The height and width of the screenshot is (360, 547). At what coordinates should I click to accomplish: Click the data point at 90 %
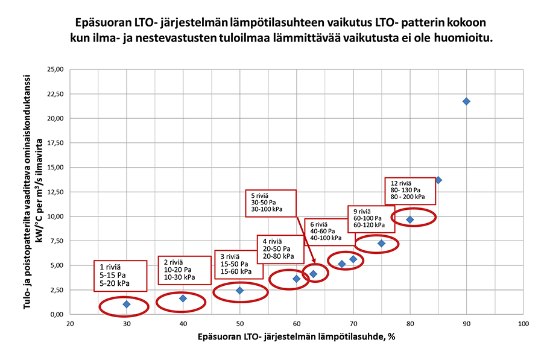click(466, 101)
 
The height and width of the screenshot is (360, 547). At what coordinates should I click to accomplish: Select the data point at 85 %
click(438, 180)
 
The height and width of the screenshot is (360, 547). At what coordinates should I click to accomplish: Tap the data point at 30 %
click(127, 305)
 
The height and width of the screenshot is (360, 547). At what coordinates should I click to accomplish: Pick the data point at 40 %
click(183, 298)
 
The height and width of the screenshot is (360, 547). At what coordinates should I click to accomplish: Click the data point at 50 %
click(239, 291)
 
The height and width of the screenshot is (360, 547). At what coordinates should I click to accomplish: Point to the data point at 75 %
click(381, 244)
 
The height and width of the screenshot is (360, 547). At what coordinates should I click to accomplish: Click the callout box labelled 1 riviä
click(121, 275)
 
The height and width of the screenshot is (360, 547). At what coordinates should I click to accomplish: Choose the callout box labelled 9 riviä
click(373, 218)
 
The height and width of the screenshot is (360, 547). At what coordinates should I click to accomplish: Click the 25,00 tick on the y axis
click(55, 69)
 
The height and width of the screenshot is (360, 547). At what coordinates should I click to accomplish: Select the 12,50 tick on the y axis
click(55, 192)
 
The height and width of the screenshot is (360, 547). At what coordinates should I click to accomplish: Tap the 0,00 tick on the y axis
click(57, 314)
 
